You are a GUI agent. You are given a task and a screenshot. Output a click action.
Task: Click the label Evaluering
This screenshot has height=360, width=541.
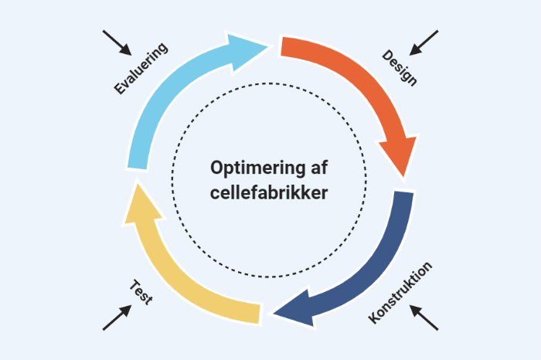[141, 69]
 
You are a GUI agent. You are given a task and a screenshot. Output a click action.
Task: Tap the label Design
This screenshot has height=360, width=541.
[400, 68]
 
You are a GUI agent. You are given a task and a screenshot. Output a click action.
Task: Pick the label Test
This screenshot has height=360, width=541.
[140, 293]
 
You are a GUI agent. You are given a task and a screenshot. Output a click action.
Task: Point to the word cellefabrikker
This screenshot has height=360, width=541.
[269, 192]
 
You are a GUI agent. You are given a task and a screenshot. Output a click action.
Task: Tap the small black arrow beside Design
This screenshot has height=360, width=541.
[424, 43]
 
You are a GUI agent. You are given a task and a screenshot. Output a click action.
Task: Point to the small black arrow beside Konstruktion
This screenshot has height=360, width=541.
[424, 318]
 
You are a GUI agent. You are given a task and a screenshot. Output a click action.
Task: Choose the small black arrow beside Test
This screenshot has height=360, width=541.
[117, 318]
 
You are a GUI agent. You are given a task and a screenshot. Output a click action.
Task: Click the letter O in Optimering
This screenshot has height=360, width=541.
[217, 168]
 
